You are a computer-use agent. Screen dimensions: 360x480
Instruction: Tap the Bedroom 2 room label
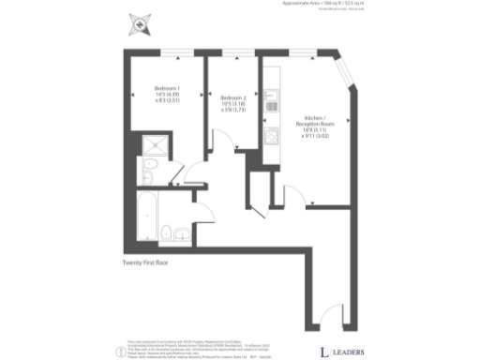tap(233, 97)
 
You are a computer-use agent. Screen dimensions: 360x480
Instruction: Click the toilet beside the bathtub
tap(165, 232)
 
